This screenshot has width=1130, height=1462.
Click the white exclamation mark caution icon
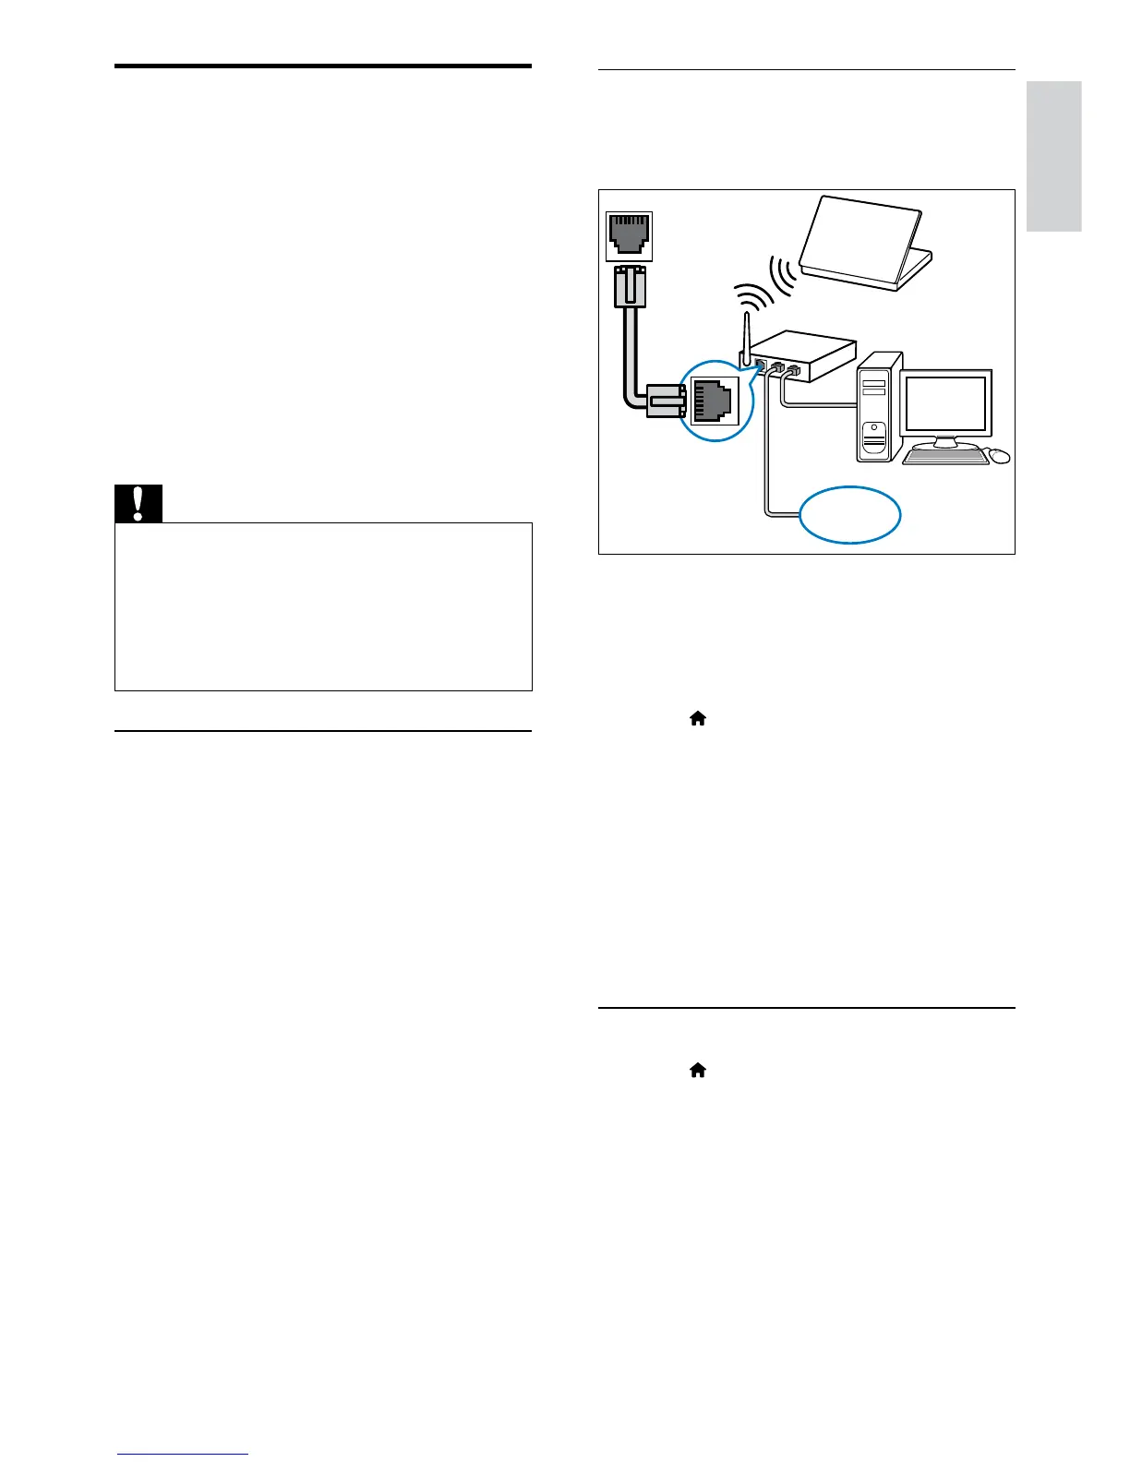point(138,503)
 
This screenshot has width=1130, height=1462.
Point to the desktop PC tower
point(878,407)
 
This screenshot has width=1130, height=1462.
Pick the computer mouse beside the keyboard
point(998,455)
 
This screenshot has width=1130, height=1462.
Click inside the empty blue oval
point(849,515)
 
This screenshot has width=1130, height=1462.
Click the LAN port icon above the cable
point(629,237)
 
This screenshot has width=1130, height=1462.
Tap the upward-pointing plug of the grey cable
point(629,286)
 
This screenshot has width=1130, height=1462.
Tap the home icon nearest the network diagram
point(698,718)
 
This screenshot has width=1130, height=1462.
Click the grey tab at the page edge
point(1053,156)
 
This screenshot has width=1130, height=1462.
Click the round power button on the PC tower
point(873,431)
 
